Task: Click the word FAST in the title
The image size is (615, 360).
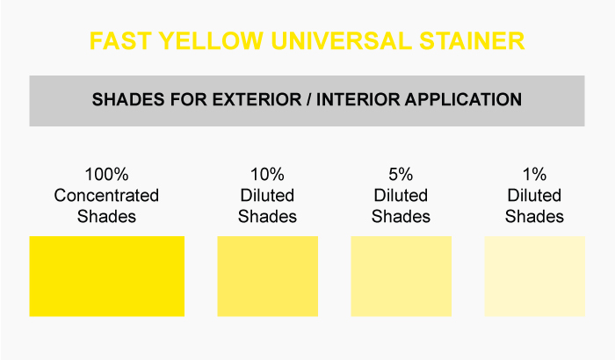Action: [x=120, y=40]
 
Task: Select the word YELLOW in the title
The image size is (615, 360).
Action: [x=211, y=40]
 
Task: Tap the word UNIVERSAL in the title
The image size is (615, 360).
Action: [x=341, y=40]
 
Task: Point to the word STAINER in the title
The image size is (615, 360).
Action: [x=472, y=40]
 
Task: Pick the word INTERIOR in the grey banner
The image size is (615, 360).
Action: [x=358, y=99]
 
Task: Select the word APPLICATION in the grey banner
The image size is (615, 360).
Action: [x=463, y=99]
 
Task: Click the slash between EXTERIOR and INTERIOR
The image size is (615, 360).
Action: [x=309, y=99]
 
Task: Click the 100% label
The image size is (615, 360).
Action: [x=106, y=175]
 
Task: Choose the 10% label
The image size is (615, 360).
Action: [x=267, y=175]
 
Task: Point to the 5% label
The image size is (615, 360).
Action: [x=401, y=175]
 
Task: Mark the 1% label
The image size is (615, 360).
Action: [x=534, y=175]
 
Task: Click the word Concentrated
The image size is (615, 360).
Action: [x=106, y=195]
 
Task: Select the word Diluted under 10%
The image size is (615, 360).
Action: [x=267, y=195]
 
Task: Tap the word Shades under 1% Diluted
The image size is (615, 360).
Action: [x=534, y=217]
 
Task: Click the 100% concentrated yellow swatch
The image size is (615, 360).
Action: [x=106, y=276]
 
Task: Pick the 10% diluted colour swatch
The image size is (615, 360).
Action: [x=267, y=276]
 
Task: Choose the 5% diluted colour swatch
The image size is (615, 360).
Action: [x=402, y=276]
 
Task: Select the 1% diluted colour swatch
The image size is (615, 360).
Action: [x=534, y=276]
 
